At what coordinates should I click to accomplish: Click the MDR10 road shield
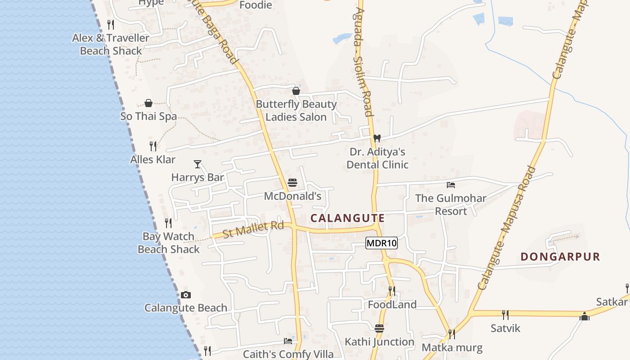(x=382, y=243)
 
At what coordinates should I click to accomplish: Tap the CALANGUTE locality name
(x=347, y=218)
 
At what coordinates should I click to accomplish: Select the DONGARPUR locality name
(x=560, y=257)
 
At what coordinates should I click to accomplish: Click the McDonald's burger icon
(x=292, y=183)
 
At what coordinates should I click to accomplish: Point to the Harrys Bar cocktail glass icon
(x=197, y=164)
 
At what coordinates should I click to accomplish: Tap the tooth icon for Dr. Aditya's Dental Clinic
(x=377, y=138)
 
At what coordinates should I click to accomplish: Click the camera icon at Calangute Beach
(x=186, y=295)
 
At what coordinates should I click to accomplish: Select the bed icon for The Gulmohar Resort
(x=450, y=185)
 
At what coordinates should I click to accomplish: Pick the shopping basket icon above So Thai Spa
(x=148, y=103)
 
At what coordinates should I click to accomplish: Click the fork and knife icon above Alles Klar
(x=153, y=146)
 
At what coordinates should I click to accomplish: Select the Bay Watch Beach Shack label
(x=169, y=243)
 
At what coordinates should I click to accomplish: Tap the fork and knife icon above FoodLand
(x=392, y=291)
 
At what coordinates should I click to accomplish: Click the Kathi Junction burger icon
(x=379, y=328)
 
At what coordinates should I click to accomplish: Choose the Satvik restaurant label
(x=505, y=328)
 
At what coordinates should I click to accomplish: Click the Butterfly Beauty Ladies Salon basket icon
(x=296, y=91)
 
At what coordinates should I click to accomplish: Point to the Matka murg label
(x=452, y=347)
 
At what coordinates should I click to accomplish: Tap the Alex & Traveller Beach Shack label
(x=111, y=44)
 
